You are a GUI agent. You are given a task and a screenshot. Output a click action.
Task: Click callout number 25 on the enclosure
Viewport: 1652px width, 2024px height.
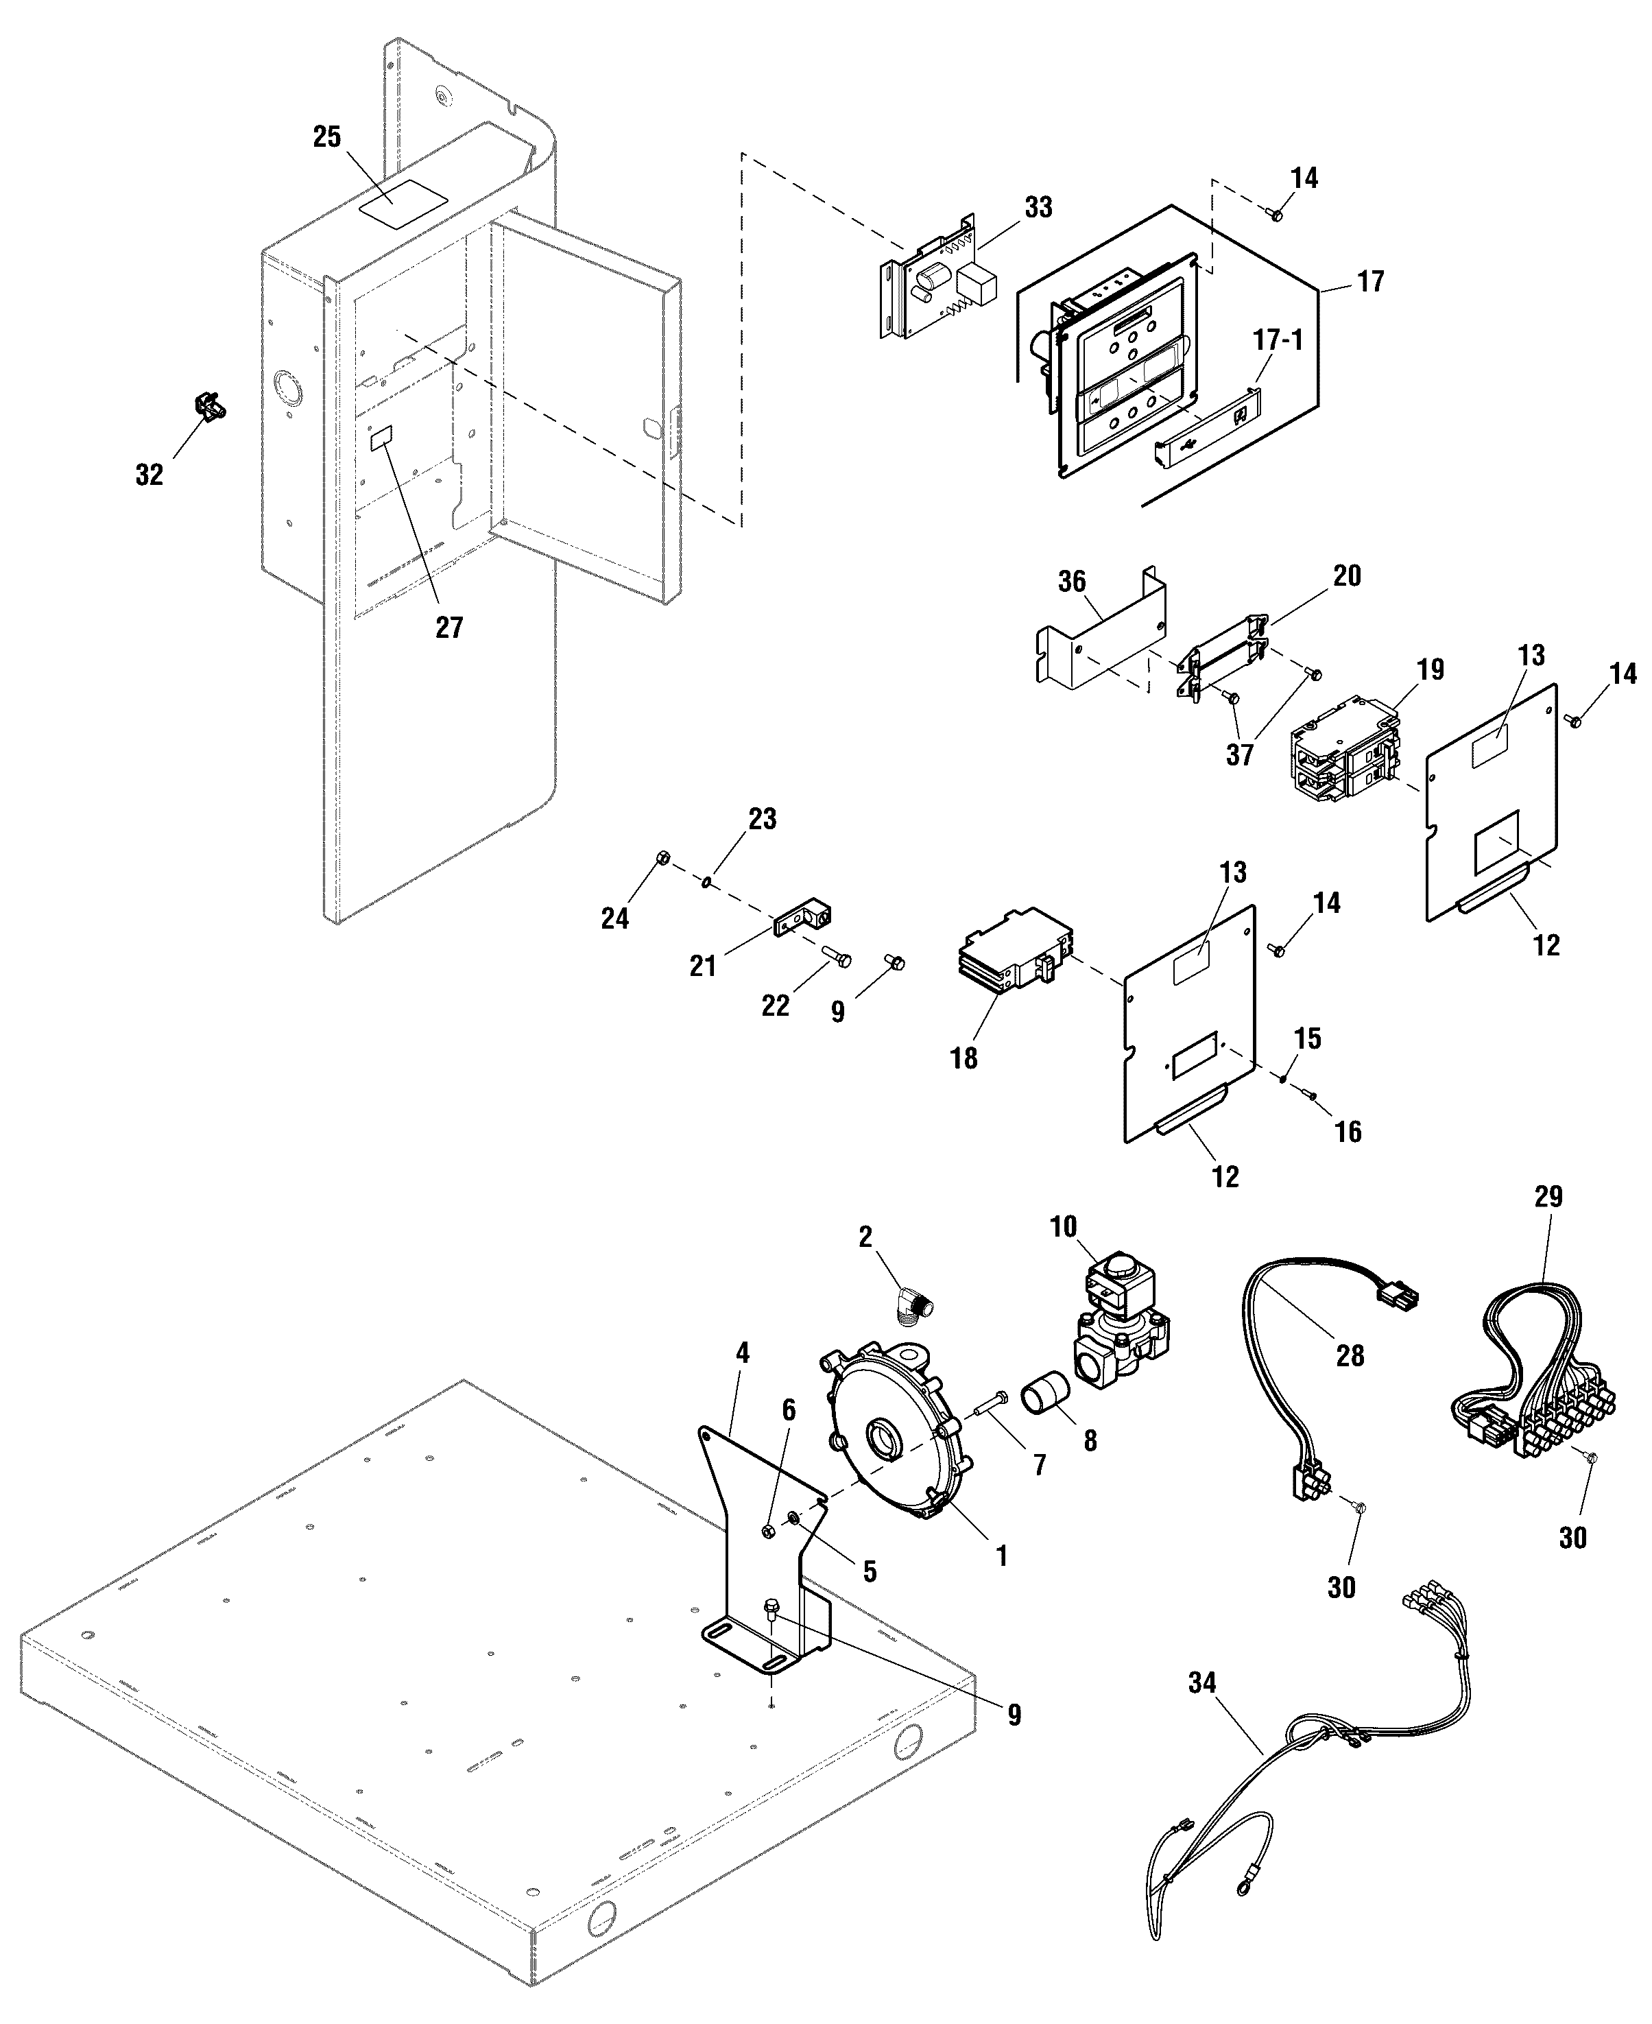(x=326, y=137)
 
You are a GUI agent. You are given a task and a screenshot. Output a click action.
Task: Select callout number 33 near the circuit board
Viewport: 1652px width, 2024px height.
(x=1038, y=207)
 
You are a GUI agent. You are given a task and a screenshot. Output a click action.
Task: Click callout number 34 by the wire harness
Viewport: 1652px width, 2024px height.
(x=1202, y=1683)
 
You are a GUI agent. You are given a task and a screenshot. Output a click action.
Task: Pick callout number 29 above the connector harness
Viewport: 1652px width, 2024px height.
(x=1548, y=1196)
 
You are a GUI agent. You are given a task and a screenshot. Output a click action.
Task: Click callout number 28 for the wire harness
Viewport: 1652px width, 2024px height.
(x=1350, y=1355)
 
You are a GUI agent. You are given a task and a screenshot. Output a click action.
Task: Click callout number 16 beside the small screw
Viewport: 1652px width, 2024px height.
(x=1348, y=1132)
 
